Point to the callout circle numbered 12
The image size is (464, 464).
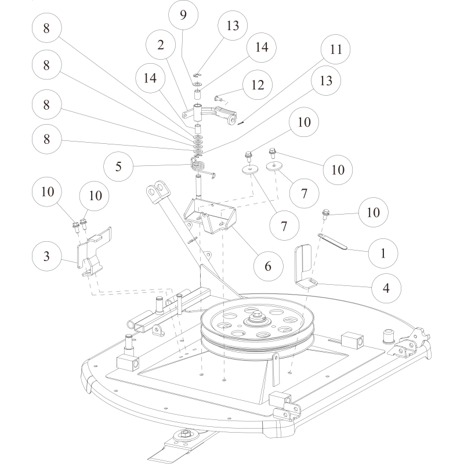tap(258, 85)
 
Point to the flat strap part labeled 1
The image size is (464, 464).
tap(333, 241)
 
